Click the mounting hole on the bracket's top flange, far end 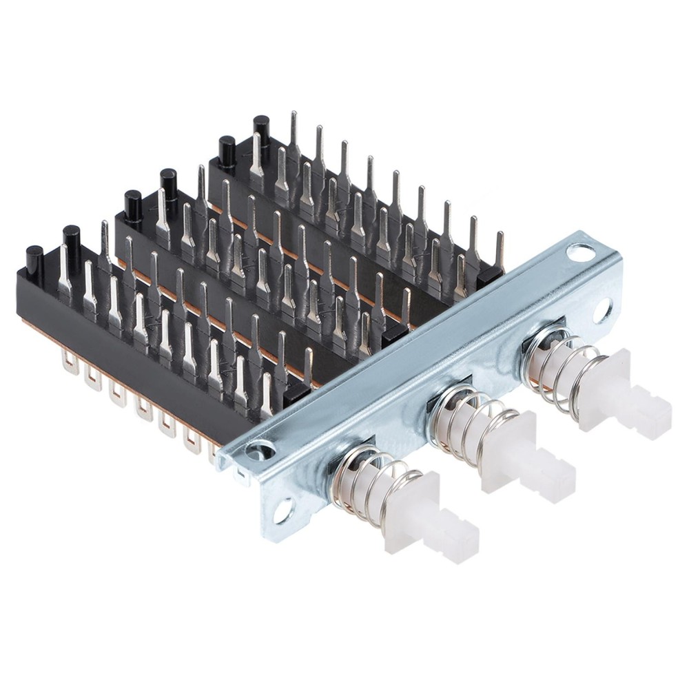coord(577,251)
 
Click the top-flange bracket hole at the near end coord(258,451)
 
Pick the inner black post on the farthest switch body coord(262,128)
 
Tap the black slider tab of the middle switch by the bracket coord(394,334)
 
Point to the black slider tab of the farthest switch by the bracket coord(489,276)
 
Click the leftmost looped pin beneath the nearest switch coord(70,360)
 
